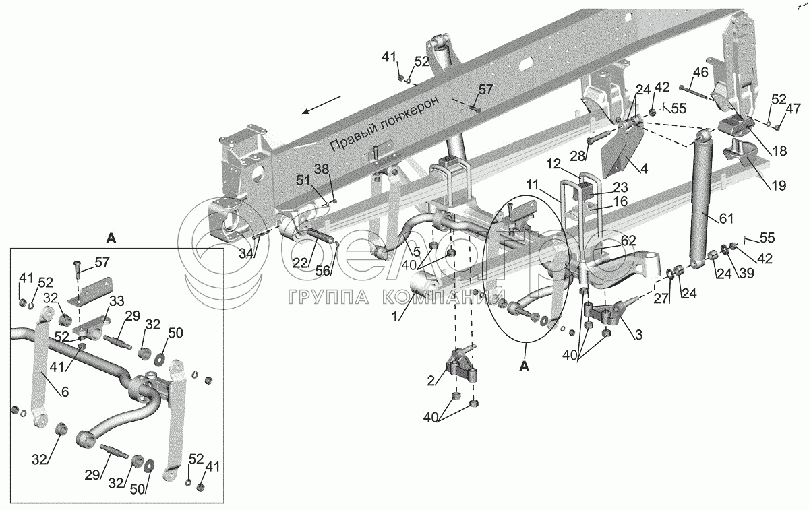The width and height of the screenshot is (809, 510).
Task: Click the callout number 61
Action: pyautogui.click(x=726, y=219)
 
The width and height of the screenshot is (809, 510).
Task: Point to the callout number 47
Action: pyautogui.click(x=793, y=108)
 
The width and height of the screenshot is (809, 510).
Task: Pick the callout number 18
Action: pyautogui.click(x=779, y=150)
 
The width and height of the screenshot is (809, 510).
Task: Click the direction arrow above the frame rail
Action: pyautogui.click(x=322, y=104)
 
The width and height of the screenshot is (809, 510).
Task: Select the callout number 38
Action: pyautogui.click(x=322, y=169)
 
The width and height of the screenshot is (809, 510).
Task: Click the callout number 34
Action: pyautogui.click(x=246, y=254)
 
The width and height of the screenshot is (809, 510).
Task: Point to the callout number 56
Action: pyautogui.click(x=323, y=270)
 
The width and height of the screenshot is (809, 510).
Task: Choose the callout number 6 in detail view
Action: pyautogui.click(x=65, y=392)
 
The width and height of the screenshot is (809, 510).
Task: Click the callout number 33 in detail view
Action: pyautogui.click(x=116, y=301)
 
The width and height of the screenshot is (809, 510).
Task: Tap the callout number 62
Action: pyautogui.click(x=629, y=241)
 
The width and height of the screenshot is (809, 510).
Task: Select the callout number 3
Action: pyautogui.click(x=638, y=335)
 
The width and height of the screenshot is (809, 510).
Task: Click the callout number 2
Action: pyautogui.click(x=431, y=381)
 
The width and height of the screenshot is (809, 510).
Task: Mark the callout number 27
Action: pyautogui.click(x=661, y=299)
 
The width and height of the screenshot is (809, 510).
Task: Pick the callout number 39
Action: pyautogui.click(x=746, y=274)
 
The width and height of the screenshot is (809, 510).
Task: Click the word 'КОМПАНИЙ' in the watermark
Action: pyautogui.click(x=444, y=298)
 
